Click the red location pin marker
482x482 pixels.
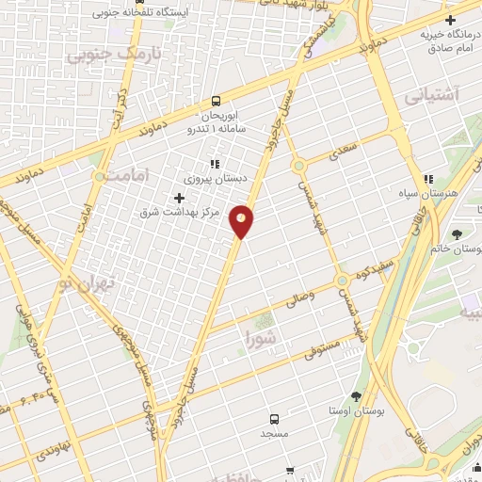point(243,220)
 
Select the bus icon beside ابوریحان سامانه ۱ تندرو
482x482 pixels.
point(217,101)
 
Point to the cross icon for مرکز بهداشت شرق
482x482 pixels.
point(179,197)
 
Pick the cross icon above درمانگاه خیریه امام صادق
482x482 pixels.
point(451,21)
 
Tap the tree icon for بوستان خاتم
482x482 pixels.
point(458,233)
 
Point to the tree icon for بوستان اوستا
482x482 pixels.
point(356,396)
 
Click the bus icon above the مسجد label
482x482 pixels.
point(274,419)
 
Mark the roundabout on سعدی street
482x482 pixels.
point(299,166)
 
